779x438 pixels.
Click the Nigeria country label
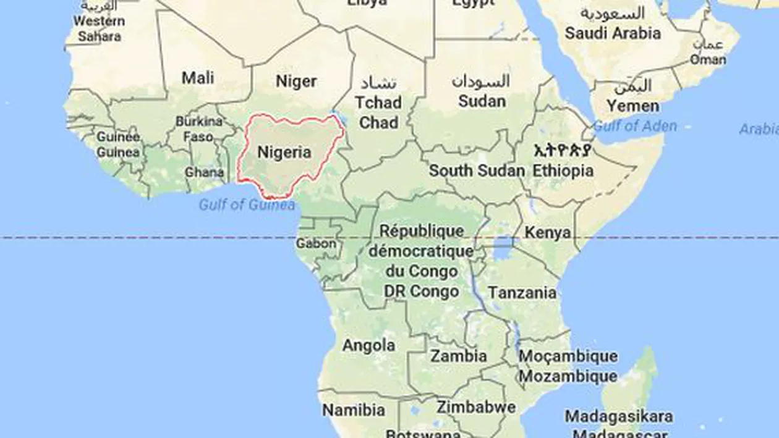pyautogui.click(x=284, y=153)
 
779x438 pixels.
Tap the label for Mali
pyautogui.click(x=198, y=78)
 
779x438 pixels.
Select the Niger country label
pyautogui.click(x=296, y=82)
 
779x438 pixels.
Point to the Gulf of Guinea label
pyautogui.click(x=247, y=205)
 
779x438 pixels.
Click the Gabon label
pyautogui.click(x=316, y=243)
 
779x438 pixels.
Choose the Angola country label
pyautogui.click(x=368, y=345)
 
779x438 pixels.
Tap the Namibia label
pyautogui.click(x=354, y=410)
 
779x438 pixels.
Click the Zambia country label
pyautogui.click(x=458, y=356)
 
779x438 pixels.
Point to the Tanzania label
pyautogui.click(x=522, y=292)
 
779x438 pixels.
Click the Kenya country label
pyautogui.click(x=547, y=233)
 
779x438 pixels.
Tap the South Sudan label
pyautogui.click(x=477, y=171)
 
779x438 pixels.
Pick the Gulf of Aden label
pyautogui.click(x=635, y=126)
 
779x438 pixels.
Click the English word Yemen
pyautogui.click(x=632, y=106)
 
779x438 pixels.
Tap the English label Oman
pyautogui.click(x=709, y=60)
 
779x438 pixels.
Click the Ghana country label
pyautogui.click(x=204, y=172)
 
